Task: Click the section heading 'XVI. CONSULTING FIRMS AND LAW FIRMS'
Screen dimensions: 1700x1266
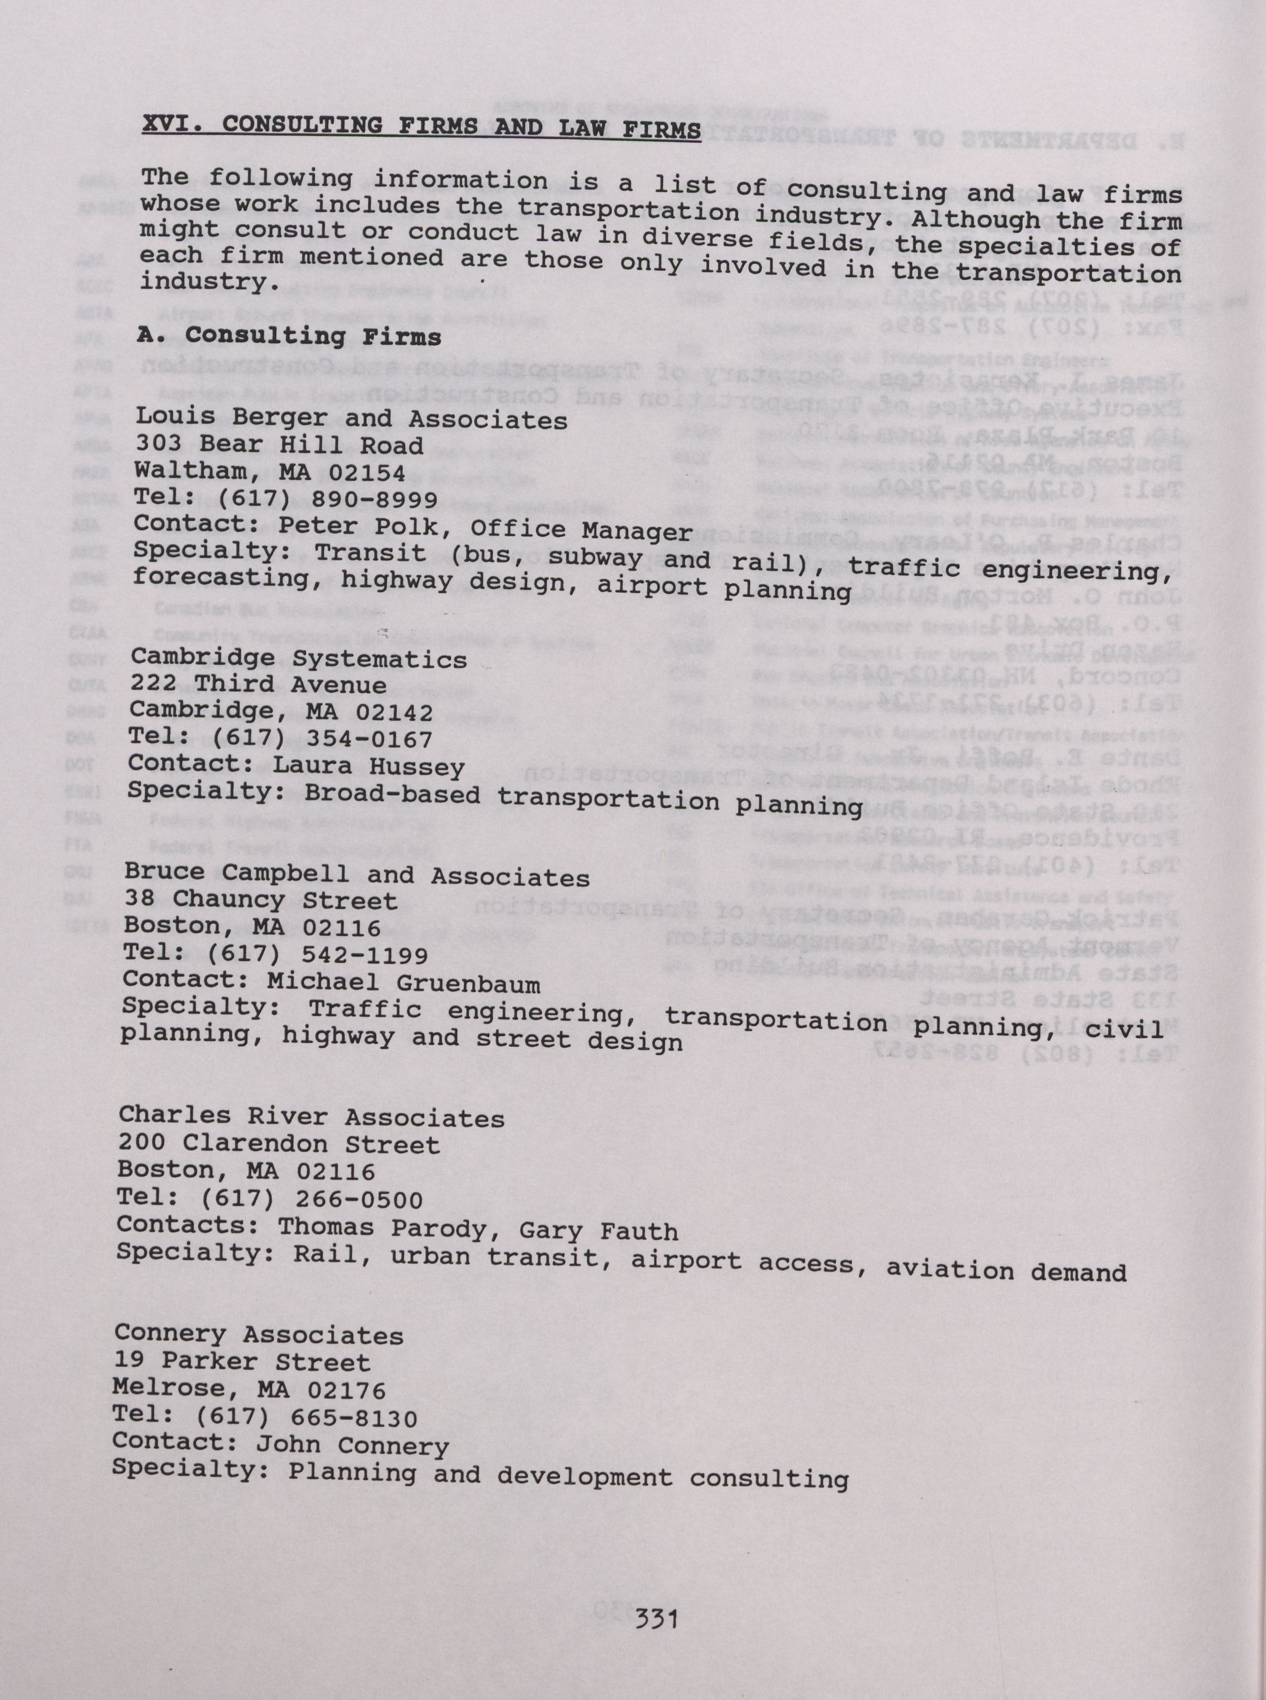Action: [421, 127]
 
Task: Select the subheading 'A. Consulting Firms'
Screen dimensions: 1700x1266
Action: [289, 336]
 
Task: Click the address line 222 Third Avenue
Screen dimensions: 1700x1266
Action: [258, 684]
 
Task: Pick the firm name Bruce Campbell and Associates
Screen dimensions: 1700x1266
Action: [357, 874]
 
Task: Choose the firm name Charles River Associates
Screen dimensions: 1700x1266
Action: [311, 1117]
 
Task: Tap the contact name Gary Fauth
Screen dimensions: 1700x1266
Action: [599, 1231]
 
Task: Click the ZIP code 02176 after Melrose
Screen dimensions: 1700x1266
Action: [347, 1390]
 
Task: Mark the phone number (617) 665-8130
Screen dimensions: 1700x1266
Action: [306, 1418]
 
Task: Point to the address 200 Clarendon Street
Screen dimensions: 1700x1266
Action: [279, 1144]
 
